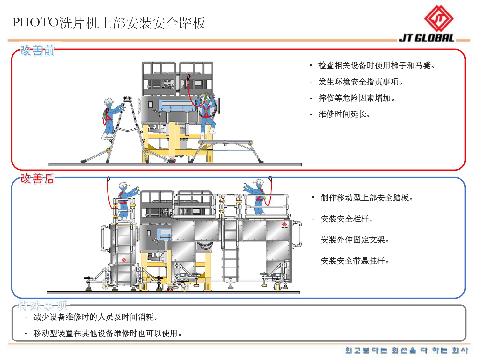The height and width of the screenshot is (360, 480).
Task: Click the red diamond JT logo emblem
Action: point(439,19)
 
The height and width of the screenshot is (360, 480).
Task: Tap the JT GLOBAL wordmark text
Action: point(426,38)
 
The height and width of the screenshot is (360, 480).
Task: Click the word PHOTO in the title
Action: point(36,22)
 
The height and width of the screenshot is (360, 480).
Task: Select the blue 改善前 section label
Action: point(37,51)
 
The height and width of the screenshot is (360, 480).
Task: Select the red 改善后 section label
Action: point(37,179)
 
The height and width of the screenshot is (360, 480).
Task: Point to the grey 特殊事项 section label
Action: point(42,306)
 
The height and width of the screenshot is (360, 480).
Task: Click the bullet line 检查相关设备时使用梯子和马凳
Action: point(376,66)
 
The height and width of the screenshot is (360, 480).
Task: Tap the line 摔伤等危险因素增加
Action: point(356,98)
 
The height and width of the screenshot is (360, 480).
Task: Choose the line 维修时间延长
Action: point(344,114)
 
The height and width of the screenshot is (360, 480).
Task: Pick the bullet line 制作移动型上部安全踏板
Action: point(366,198)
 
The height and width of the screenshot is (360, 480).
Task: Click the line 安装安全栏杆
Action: point(347,219)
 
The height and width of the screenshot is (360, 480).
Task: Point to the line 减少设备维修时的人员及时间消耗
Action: point(95,317)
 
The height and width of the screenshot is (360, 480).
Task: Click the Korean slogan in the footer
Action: point(406,350)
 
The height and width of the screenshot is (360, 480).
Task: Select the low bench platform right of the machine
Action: point(226,143)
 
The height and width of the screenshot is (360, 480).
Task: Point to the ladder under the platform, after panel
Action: point(230,250)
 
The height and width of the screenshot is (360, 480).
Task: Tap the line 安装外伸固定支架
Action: point(354,240)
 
